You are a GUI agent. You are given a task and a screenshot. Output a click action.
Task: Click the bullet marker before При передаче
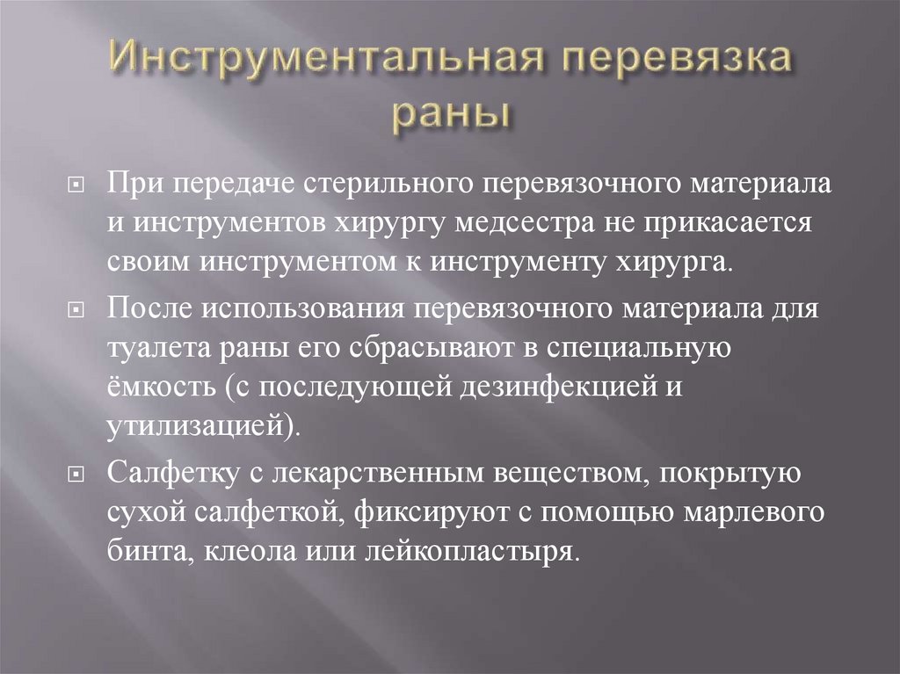(77, 187)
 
